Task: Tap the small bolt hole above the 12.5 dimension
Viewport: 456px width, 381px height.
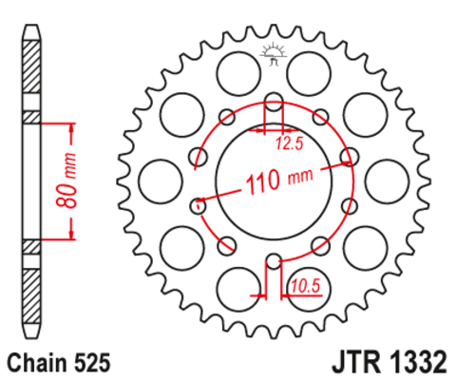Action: pos(273,103)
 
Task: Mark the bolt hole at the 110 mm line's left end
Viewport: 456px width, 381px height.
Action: pos(199,202)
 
